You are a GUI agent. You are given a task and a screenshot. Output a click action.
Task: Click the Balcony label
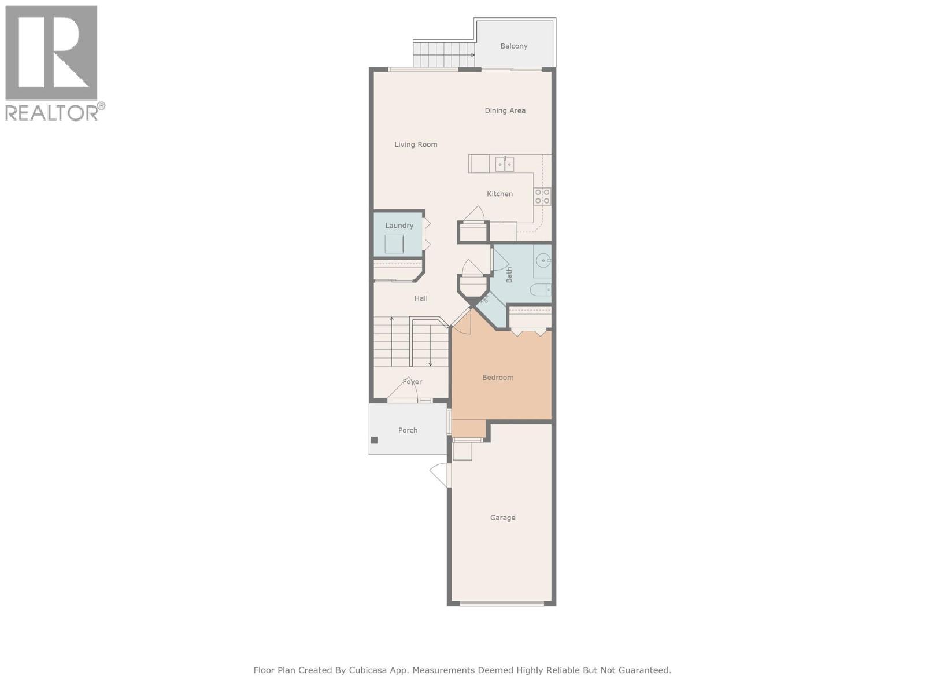(x=513, y=46)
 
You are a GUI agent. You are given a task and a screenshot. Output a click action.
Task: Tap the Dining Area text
(x=505, y=110)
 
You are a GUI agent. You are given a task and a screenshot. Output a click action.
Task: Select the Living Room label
(x=416, y=145)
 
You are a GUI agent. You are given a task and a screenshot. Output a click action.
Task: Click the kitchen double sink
(x=504, y=164)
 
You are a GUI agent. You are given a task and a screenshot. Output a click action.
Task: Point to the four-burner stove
(x=542, y=197)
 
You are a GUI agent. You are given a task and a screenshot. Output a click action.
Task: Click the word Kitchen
(x=499, y=194)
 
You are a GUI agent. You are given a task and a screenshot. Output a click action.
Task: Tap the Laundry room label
(x=399, y=226)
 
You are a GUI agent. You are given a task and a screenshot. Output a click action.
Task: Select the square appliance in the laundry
(x=394, y=244)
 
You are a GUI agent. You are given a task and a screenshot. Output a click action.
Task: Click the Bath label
(x=509, y=274)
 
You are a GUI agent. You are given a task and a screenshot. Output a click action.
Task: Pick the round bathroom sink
(x=544, y=261)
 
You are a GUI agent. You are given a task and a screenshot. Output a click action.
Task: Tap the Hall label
(x=421, y=298)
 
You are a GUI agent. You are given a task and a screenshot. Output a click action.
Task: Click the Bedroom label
(x=498, y=378)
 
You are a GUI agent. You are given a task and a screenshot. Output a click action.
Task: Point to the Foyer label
(x=412, y=382)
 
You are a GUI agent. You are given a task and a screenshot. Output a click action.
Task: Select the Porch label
(x=408, y=430)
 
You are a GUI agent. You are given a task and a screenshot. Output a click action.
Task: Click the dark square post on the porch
(x=374, y=440)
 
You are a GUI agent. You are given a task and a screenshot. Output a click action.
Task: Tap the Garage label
(x=502, y=518)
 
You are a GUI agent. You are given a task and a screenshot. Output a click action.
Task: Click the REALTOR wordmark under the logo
(x=52, y=113)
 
